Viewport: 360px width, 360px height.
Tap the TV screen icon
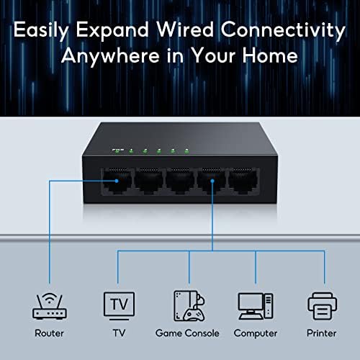coord(119,306)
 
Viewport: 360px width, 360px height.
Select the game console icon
coord(189,306)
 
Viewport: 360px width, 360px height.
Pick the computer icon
coord(256,307)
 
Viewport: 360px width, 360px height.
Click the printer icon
coord(322,306)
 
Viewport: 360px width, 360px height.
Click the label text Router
coord(49,333)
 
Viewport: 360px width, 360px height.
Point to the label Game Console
coord(187,333)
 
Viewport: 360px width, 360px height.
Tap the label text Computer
coord(256,333)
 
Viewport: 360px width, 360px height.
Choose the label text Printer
coord(322,333)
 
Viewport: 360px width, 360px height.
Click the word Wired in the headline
coord(185,30)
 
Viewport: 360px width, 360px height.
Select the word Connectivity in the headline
coord(283,31)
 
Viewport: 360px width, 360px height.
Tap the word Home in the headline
coord(270,55)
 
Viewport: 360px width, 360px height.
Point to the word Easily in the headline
coord(41,31)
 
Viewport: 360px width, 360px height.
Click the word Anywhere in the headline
coord(110,56)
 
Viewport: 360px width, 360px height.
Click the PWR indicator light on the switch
coord(117,153)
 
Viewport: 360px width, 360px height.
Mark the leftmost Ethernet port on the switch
coord(117,181)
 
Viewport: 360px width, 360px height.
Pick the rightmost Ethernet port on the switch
coord(243,181)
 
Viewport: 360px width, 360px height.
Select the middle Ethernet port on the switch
coord(180,181)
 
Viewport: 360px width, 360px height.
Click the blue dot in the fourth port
coord(212,181)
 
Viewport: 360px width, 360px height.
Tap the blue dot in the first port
coord(117,181)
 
